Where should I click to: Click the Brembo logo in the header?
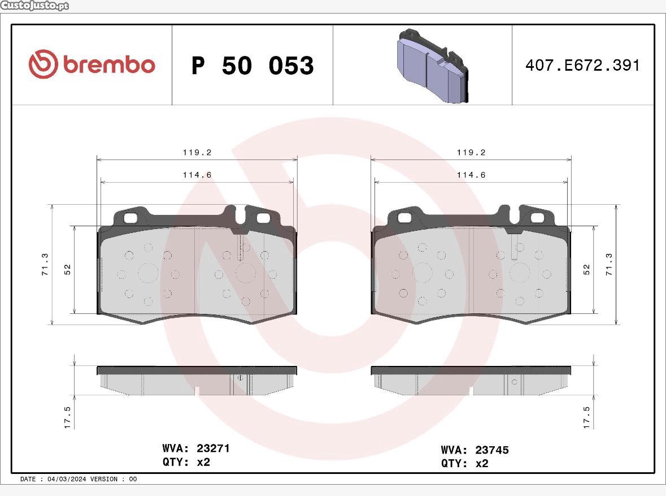(x=92, y=64)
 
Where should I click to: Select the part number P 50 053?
(x=253, y=66)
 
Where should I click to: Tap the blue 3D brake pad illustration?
(x=432, y=66)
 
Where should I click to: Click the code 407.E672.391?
(x=582, y=65)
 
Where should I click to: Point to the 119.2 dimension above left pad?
(x=197, y=152)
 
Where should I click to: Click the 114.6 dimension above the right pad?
(x=471, y=175)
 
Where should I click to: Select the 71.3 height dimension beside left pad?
(x=45, y=264)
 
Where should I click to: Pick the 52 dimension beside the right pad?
(x=586, y=269)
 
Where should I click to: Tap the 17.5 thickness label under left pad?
(x=68, y=417)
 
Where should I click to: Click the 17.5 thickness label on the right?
(x=586, y=417)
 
